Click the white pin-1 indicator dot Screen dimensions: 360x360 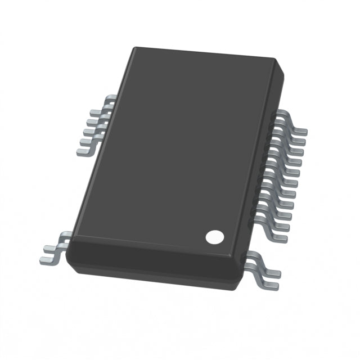tap(213, 237)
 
